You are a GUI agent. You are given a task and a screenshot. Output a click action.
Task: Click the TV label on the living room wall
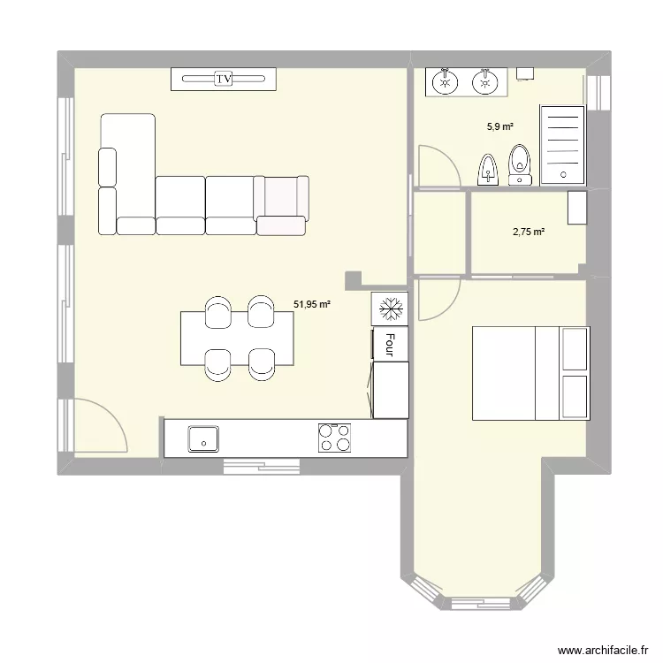(x=225, y=80)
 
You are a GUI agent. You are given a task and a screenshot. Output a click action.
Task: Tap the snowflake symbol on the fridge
(x=390, y=309)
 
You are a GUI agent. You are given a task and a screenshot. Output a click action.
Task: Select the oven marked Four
(x=390, y=344)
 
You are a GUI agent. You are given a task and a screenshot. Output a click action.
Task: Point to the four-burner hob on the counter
(x=334, y=437)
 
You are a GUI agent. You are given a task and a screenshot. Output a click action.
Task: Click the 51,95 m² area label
(x=312, y=304)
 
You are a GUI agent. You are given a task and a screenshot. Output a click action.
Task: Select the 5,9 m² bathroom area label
(x=500, y=126)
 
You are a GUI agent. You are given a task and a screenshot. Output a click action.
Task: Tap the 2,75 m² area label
(x=529, y=232)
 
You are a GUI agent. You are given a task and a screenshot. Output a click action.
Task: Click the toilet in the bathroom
(x=520, y=164)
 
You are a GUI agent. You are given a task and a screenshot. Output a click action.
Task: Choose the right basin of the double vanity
(x=483, y=83)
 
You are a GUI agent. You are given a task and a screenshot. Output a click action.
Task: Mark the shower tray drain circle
(x=562, y=174)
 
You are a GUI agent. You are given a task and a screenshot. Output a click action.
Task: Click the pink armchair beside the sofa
(x=283, y=205)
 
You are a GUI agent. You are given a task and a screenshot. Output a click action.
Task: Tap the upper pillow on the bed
(x=575, y=349)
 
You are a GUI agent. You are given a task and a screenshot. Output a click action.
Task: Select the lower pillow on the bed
(x=575, y=396)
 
